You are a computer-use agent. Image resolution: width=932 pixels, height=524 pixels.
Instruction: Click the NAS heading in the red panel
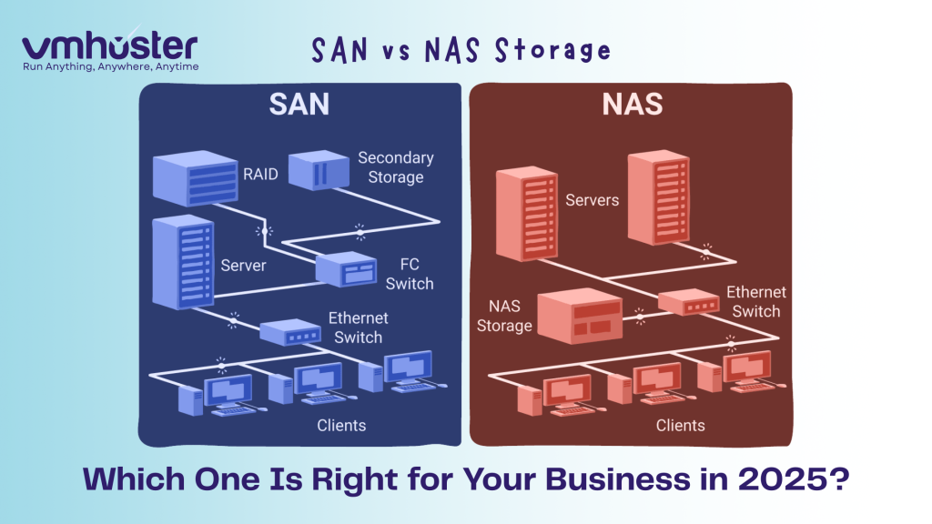tap(632, 106)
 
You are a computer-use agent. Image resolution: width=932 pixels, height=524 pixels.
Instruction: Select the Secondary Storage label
tap(395, 167)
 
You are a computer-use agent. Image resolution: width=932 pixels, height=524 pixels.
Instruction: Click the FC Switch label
tap(409, 273)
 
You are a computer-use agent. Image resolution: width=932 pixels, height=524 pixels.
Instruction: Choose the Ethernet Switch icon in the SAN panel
tap(290, 332)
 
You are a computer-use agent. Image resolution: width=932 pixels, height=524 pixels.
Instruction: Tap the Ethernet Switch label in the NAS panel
tap(755, 301)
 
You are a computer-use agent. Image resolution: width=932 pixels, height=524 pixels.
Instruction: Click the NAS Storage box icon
tap(580, 315)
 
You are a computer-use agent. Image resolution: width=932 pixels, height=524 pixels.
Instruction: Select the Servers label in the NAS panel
tap(592, 199)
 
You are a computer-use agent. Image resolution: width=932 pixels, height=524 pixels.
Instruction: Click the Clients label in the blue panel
tap(341, 425)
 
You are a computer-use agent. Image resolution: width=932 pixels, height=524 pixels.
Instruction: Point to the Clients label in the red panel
tap(680, 425)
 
